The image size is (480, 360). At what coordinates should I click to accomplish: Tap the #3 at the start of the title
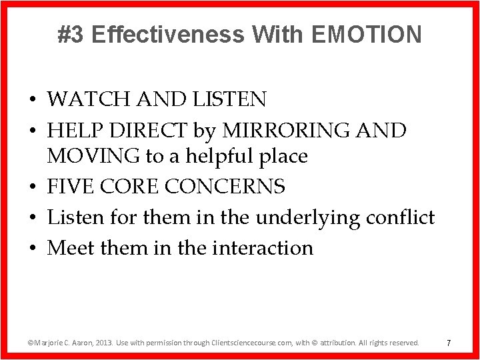(x=71, y=34)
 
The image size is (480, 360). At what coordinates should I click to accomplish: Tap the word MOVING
(x=93, y=157)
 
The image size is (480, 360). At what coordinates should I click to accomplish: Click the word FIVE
(x=70, y=187)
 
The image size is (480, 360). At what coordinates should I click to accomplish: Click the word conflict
(x=399, y=217)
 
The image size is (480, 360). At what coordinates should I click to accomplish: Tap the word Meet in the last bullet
(x=70, y=248)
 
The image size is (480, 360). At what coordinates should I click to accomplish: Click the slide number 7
(x=449, y=343)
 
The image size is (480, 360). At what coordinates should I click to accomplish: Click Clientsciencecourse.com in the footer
(x=253, y=343)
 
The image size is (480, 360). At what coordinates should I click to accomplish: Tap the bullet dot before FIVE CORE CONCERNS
(x=32, y=187)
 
